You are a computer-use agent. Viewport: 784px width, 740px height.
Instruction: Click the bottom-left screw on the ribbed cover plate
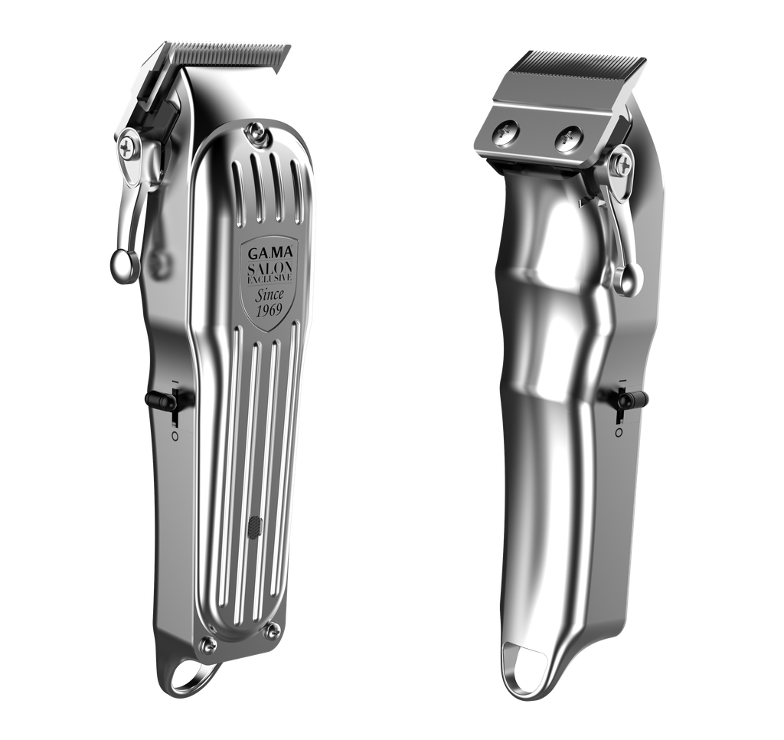[x=207, y=644]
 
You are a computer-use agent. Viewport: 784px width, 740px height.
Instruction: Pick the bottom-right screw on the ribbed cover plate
[x=273, y=630]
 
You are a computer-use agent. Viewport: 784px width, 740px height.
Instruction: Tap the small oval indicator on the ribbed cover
[x=255, y=526]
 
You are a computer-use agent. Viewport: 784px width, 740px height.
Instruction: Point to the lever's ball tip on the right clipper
[x=626, y=280]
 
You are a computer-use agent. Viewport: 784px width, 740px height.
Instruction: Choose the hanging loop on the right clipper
[x=528, y=677]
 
